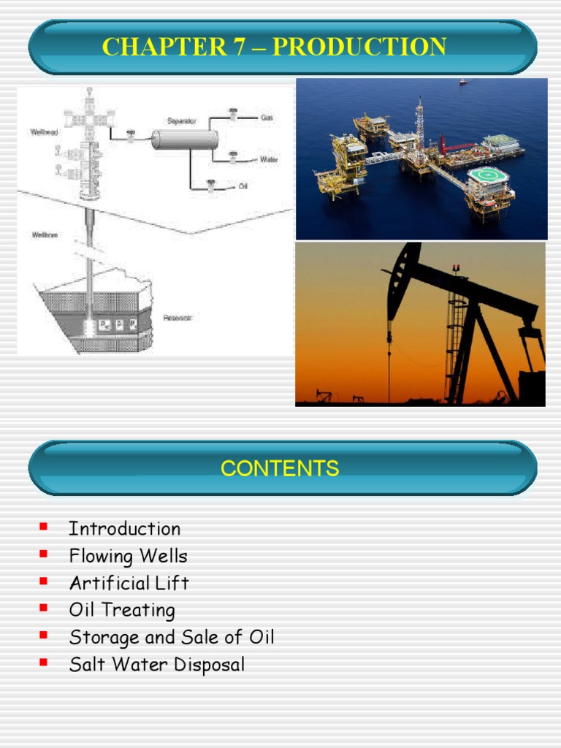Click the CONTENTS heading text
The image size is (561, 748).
(280, 468)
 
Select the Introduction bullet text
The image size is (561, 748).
(124, 529)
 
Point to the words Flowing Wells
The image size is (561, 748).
(128, 556)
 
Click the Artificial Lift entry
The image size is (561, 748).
(129, 583)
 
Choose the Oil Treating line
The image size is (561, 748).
(122, 610)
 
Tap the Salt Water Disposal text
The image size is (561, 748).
(156, 665)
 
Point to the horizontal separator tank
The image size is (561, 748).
(185, 139)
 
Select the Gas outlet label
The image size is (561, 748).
(267, 117)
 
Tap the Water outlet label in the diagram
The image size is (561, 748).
(268, 159)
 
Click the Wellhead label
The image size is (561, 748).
(42, 132)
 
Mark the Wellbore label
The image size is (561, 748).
(42, 235)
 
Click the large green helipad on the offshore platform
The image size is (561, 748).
(484, 176)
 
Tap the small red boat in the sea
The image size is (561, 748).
(463, 82)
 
